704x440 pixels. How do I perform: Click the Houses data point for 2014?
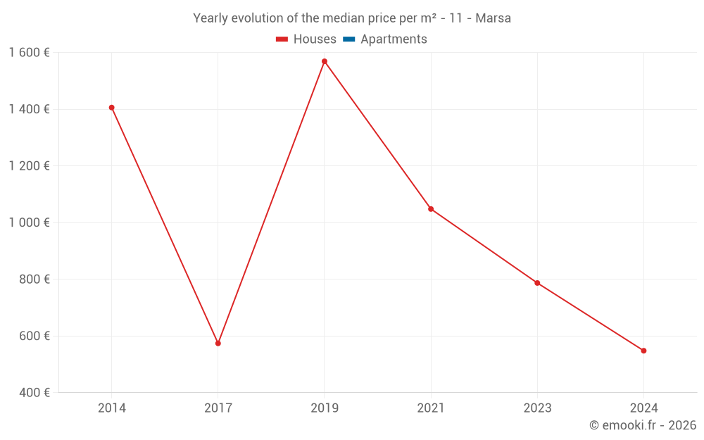[x=111, y=108]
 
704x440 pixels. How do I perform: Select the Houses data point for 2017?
[x=218, y=344]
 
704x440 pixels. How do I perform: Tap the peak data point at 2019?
[x=325, y=61]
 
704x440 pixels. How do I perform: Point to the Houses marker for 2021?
[x=431, y=209]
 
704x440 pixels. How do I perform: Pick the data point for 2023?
[x=537, y=283]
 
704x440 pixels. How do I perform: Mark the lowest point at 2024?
[x=643, y=351]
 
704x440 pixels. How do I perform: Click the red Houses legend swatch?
[x=282, y=39]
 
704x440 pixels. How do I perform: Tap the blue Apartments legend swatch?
[x=348, y=39]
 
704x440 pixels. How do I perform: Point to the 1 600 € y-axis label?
[x=29, y=53]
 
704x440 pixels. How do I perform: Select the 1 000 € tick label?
[x=29, y=222]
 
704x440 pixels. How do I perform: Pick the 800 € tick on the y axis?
[x=33, y=279]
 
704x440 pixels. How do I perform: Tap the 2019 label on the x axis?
[x=325, y=408]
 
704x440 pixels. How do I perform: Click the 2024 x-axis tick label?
[x=643, y=408]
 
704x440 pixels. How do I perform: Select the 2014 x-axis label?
[x=111, y=408]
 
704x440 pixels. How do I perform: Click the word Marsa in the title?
[x=493, y=18]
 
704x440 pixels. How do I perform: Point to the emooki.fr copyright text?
[x=643, y=425]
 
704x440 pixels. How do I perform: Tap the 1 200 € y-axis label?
[x=29, y=166]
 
